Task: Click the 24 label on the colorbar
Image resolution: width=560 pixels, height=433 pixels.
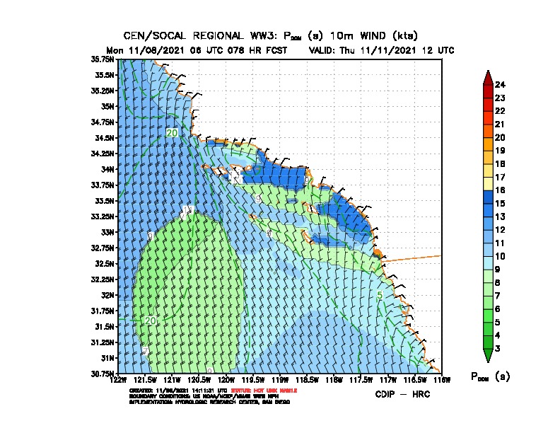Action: [500, 85]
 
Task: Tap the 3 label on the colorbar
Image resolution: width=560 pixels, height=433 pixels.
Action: [498, 348]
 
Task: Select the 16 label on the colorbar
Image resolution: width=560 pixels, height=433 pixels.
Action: [500, 190]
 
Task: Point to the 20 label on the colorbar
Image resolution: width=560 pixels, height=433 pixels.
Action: [500, 137]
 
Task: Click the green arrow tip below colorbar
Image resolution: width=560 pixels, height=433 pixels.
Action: [487, 358]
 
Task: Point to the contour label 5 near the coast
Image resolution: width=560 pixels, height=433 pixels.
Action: [380, 295]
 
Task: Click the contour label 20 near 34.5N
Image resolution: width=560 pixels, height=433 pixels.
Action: [172, 133]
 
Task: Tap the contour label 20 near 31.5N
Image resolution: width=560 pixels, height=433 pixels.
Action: [150, 321]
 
